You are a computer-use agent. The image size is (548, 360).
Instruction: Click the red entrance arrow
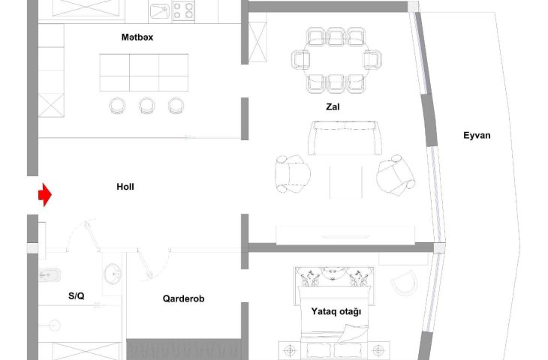point(45,194)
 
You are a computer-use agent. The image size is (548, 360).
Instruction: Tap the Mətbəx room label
point(137,37)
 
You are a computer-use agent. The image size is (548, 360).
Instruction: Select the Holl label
point(125,187)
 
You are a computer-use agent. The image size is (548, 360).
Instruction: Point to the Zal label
point(333,106)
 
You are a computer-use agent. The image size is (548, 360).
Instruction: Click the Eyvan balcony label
point(477,136)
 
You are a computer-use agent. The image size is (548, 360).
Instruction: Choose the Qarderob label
point(183,298)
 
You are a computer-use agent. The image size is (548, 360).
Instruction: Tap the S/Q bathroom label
point(76,296)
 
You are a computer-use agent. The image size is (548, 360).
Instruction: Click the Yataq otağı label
point(336,311)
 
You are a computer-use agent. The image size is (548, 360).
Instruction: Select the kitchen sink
point(160,11)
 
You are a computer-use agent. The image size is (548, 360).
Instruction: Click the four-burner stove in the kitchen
point(183,10)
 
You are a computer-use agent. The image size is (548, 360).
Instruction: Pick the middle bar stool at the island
point(147,106)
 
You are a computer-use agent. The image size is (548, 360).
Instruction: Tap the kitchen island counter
point(144,72)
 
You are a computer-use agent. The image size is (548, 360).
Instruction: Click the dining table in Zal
point(336,60)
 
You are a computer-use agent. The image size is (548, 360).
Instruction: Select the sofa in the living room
point(345,138)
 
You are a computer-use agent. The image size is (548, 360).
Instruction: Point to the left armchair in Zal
point(292,174)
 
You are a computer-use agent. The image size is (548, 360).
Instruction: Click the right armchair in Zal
point(396,175)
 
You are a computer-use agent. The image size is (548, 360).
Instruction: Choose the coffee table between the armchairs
point(345,182)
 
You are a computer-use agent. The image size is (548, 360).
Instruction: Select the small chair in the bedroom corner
point(404,283)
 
